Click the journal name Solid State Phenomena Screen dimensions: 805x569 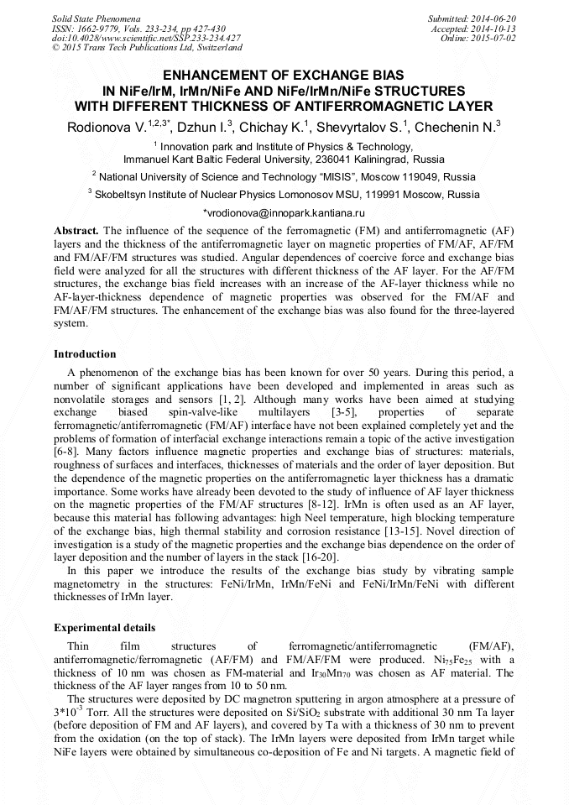pyautogui.click(x=96, y=18)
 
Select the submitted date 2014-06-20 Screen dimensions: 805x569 pyautogui.click(x=490, y=18)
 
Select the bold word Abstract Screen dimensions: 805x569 pyautogui.click(x=76, y=230)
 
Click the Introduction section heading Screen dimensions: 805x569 pyautogui.click(x=85, y=354)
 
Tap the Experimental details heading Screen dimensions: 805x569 pyautogui.click(x=104, y=628)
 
